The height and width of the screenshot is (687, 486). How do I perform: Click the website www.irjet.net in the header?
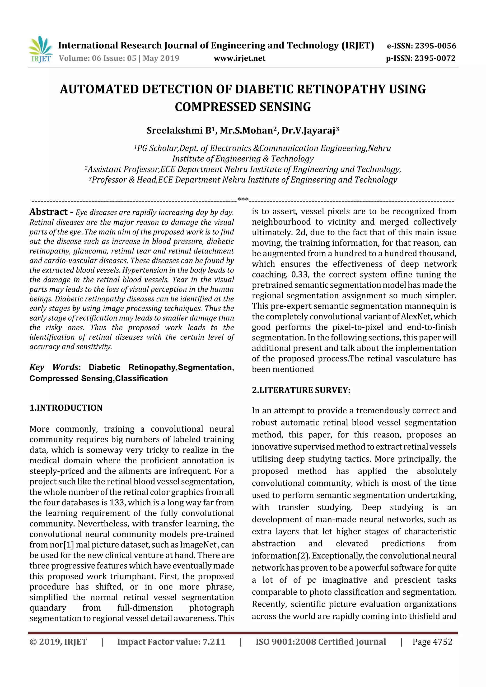pyautogui.click(x=239, y=58)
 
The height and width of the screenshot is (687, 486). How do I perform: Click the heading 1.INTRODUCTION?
pyautogui.click(x=66, y=408)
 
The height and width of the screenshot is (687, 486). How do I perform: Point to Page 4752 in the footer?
pyautogui.click(x=432, y=642)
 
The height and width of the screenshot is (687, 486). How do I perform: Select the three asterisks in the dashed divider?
pyautogui.click(x=243, y=199)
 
